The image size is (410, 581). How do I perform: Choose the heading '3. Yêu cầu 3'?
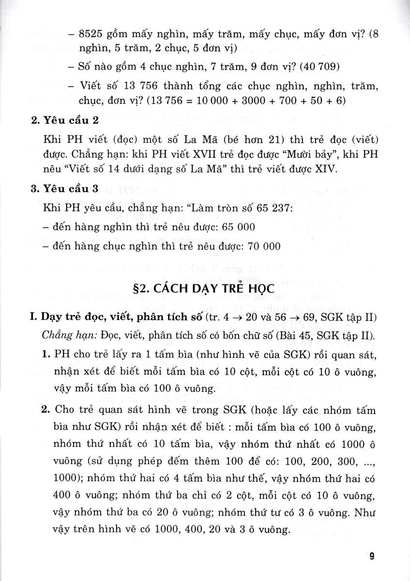(x=64, y=189)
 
